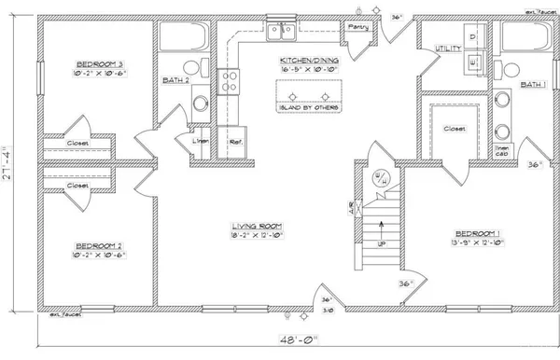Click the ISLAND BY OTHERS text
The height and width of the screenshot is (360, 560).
pyautogui.click(x=308, y=109)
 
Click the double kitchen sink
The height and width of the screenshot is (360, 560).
pyautogui.click(x=280, y=33)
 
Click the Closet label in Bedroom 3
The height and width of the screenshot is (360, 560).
pyautogui.click(x=77, y=143)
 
